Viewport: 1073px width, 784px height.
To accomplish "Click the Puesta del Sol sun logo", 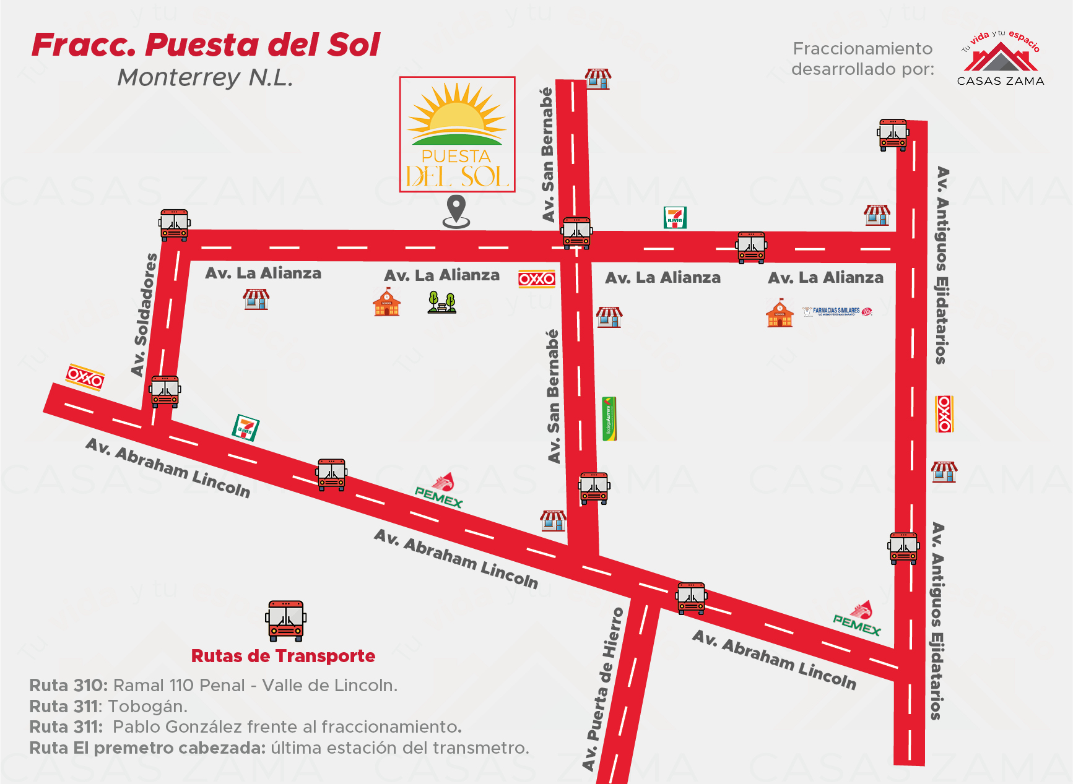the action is (457, 134).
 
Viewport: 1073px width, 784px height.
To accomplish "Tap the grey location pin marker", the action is (456, 211).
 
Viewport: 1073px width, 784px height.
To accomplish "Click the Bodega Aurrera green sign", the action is (609, 419).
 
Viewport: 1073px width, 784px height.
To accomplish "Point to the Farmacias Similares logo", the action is (837, 311).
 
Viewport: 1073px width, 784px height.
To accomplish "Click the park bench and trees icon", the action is (442, 303).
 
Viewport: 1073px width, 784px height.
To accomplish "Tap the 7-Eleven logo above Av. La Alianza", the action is (675, 218).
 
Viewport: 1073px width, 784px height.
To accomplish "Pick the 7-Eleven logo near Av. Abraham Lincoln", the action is (246, 428).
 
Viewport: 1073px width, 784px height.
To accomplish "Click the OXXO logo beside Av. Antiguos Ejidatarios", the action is (944, 414).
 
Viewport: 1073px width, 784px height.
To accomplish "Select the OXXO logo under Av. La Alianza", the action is (537, 279).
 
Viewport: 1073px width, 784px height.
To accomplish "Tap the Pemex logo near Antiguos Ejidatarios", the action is (858, 619).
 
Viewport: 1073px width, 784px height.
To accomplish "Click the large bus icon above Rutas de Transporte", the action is (285, 620).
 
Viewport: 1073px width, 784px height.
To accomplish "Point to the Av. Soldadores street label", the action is (144, 314).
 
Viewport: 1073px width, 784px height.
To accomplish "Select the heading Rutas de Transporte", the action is (283, 656).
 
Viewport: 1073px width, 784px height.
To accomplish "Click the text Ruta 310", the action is (68, 686).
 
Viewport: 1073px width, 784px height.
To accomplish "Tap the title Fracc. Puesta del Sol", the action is (206, 45).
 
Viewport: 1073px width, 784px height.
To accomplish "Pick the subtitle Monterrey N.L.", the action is (205, 78).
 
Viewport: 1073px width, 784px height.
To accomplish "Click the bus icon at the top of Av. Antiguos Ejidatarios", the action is (893, 135).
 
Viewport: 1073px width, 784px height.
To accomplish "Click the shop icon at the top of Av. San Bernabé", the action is (598, 79).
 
